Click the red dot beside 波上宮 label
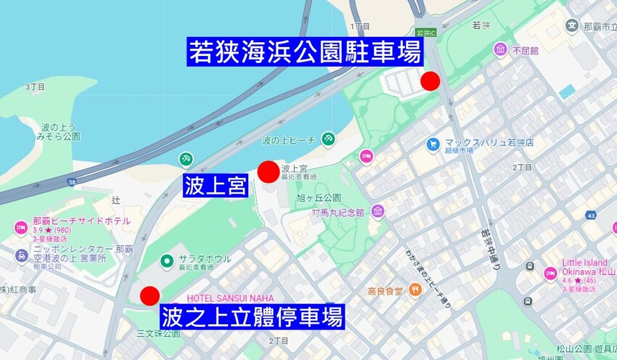coord(268,171)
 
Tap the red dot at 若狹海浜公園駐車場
coord(430,81)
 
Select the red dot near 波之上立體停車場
coord(150,295)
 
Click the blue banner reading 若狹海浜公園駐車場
coord(305,52)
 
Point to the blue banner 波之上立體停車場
coord(252,316)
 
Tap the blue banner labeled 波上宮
coord(216,185)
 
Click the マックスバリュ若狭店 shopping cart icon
coord(433,144)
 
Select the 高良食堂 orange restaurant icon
coord(415,291)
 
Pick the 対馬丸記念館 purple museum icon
coord(377,211)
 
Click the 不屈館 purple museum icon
coord(500,49)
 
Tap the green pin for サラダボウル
coord(166,259)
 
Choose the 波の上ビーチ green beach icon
coord(328,139)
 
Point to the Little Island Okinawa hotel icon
coord(549,274)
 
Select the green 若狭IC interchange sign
coord(426,33)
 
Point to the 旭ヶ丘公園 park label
coord(319,197)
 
